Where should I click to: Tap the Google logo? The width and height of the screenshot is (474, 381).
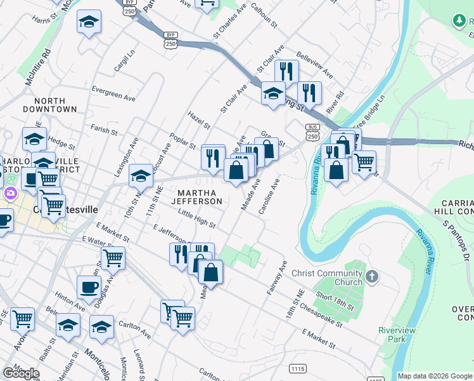[21, 373]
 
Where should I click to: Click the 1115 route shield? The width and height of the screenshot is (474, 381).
[297, 369]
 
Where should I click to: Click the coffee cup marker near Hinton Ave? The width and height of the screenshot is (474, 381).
[89, 287]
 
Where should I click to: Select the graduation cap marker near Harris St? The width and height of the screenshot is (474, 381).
[89, 23]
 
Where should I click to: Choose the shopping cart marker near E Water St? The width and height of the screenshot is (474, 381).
[113, 258]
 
